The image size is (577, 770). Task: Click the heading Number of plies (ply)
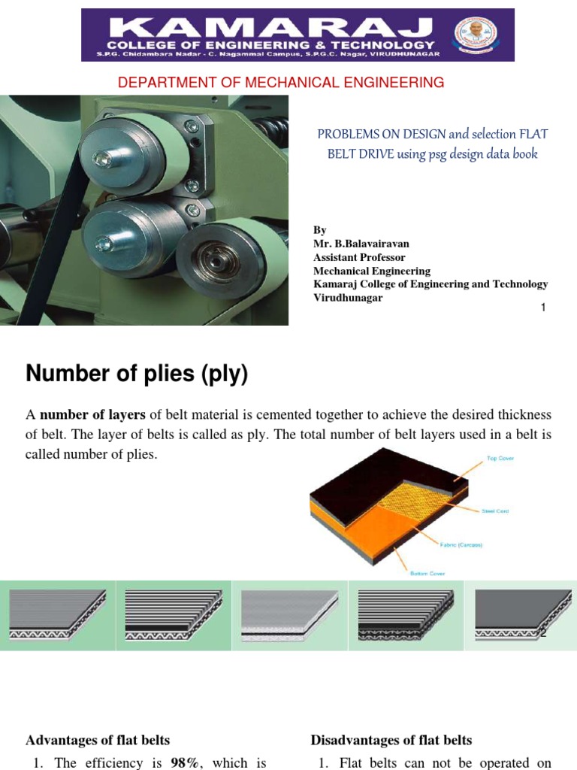137,374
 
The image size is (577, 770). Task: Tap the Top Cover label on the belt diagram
500,458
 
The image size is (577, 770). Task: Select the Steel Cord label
495,511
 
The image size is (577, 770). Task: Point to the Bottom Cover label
427,574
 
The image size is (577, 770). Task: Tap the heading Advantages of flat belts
98,741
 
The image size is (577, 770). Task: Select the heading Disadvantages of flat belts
391,741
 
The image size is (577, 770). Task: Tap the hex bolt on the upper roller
101,158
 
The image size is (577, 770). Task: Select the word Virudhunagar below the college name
348,298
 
